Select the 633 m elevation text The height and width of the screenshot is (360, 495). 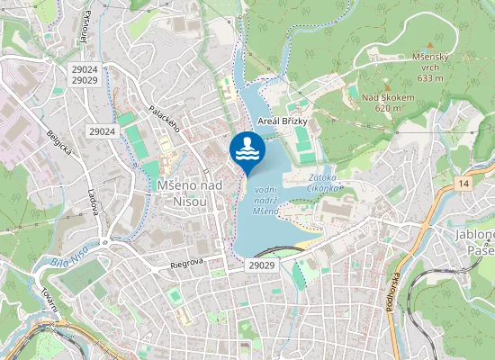click(x=429, y=78)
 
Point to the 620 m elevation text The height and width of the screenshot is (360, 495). click(x=388, y=108)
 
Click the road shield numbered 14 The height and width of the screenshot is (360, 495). click(x=463, y=184)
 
